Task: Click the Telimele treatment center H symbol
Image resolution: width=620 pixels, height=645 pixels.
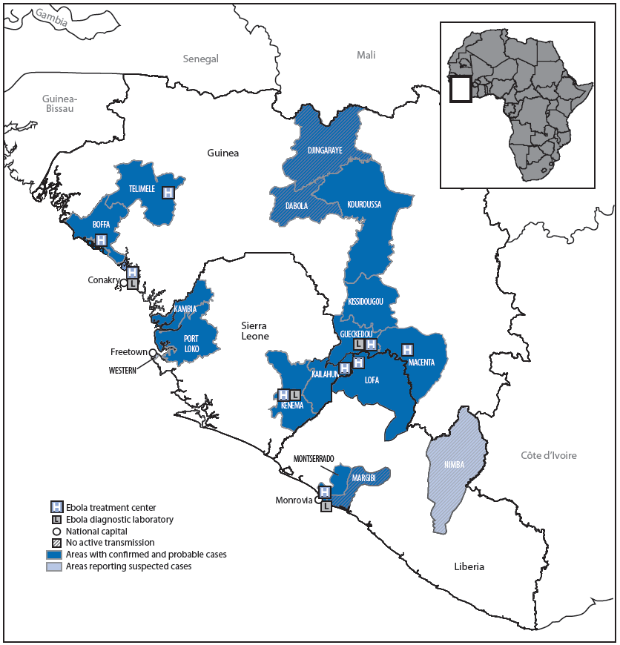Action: click(168, 192)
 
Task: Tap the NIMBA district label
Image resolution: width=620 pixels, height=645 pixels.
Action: click(455, 464)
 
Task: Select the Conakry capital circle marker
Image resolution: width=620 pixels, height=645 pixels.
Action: click(124, 282)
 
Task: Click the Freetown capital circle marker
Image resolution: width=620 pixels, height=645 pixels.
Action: click(152, 353)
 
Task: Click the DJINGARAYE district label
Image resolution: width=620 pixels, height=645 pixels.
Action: click(324, 150)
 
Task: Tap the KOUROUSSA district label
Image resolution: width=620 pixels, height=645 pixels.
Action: click(363, 205)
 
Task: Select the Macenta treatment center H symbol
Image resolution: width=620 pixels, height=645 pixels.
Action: click(407, 349)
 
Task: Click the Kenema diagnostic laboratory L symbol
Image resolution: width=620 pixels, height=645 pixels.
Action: click(294, 395)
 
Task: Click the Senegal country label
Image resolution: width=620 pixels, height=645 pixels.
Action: click(201, 59)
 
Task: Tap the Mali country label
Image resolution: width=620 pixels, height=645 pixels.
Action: click(366, 55)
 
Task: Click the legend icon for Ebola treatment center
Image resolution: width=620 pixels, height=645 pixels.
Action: click(56, 507)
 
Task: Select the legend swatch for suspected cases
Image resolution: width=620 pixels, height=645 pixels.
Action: click(56, 566)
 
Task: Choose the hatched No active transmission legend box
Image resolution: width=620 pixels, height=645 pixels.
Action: click(56, 543)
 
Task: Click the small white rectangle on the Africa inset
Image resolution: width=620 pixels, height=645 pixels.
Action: click(461, 90)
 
